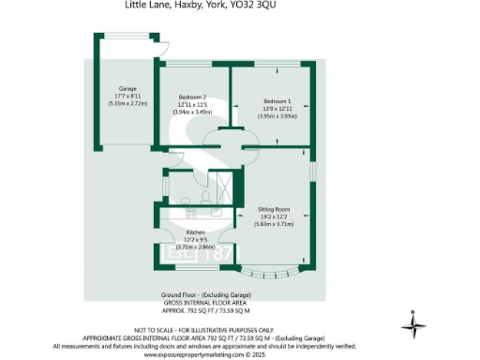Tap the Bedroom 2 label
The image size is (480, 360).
click(x=192, y=97)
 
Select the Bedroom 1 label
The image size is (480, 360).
click(x=277, y=100)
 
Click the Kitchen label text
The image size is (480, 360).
click(x=195, y=232)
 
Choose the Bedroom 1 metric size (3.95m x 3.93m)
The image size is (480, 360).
click(x=277, y=116)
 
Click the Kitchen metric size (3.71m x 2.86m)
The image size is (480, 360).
click(x=195, y=247)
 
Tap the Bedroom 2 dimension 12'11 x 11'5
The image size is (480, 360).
click(x=192, y=104)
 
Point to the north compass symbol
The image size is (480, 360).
click(x=413, y=326)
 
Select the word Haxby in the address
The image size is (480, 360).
click(x=172, y=5)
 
